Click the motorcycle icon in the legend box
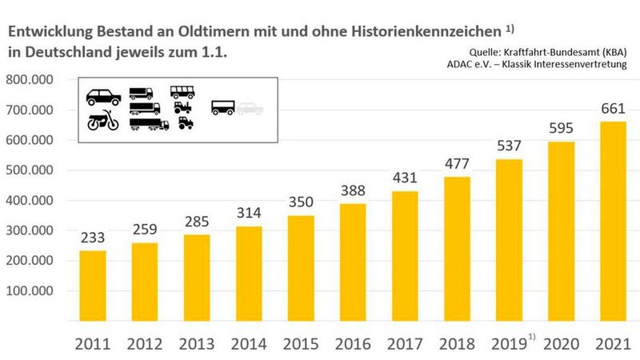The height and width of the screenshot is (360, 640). [x=102, y=122]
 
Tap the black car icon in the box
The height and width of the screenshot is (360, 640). [x=103, y=97]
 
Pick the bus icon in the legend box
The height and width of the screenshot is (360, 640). [x=182, y=92]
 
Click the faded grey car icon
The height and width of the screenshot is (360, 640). [x=249, y=108]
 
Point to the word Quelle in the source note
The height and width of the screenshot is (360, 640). [x=470, y=52]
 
